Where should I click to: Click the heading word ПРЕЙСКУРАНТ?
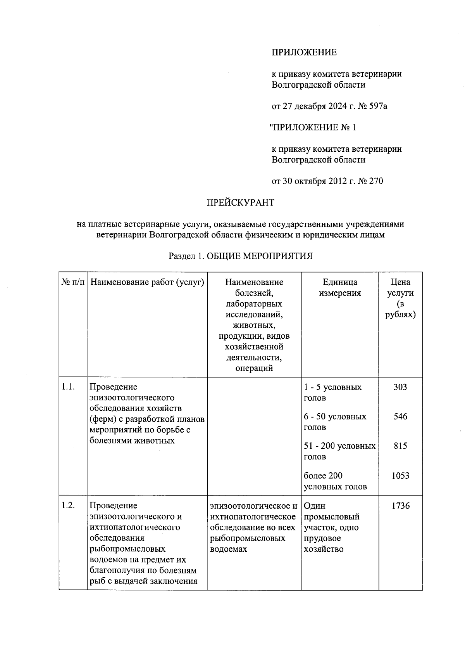[x=240, y=203]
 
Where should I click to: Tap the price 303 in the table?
[x=400, y=387]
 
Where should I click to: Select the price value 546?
[x=400, y=417]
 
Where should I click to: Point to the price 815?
[x=400, y=446]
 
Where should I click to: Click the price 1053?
[x=400, y=476]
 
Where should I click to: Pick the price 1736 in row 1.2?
[x=400, y=506]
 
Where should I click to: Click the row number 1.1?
[x=68, y=387]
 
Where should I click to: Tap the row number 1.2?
[x=68, y=506]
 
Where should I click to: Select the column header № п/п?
[x=73, y=282]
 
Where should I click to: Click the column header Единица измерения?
[x=340, y=287]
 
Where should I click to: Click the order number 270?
[x=376, y=181]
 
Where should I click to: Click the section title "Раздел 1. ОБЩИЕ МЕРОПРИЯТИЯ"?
[x=240, y=256]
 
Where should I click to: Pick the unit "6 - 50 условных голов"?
[x=335, y=422]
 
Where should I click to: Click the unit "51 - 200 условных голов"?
[x=339, y=451]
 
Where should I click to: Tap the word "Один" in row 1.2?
[x=315, y=506]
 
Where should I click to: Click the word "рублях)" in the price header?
[x=400, y=315]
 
